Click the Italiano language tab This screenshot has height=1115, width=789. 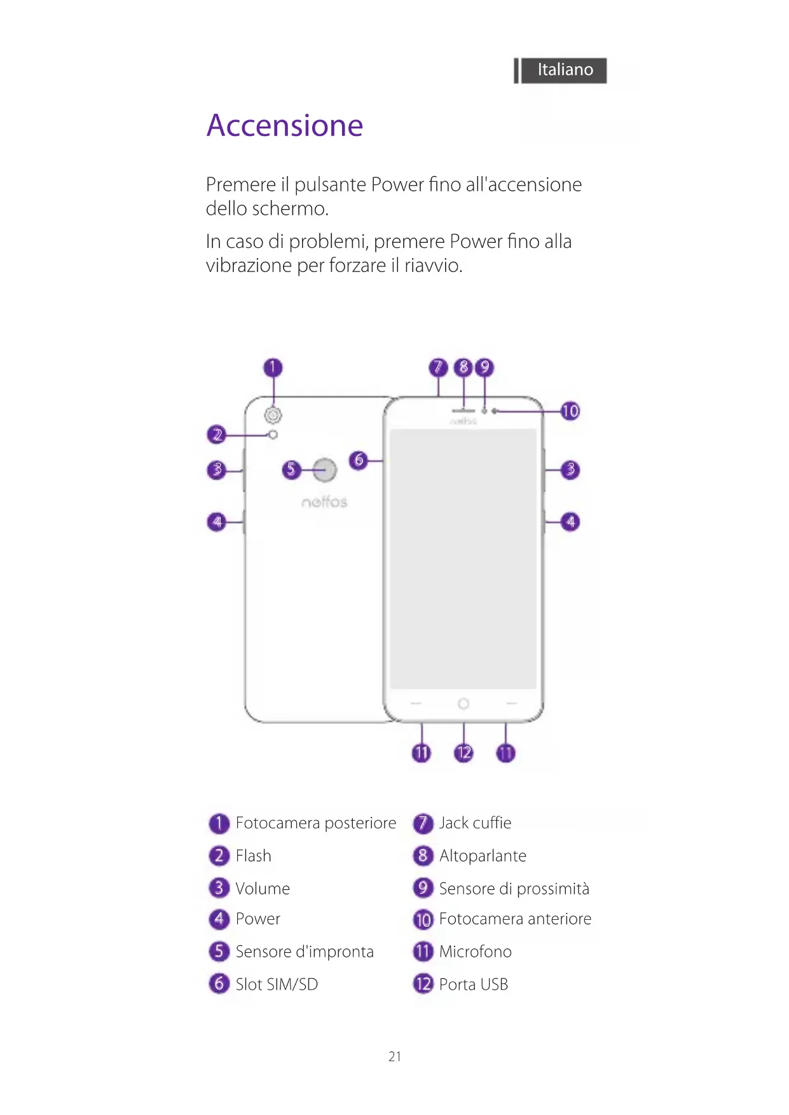565,70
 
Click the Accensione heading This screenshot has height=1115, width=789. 285,125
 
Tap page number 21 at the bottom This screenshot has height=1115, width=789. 395,1057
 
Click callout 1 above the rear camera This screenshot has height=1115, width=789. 273,367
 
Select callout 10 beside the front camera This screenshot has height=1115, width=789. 570,411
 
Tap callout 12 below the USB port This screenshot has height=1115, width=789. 463,753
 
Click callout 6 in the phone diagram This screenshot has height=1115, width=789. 359,460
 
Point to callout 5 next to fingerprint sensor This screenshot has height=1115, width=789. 291,470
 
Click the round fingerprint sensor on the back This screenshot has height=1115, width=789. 325,470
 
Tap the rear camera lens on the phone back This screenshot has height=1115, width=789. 273,415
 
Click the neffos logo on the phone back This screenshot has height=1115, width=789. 324,502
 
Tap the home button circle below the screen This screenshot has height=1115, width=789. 463,704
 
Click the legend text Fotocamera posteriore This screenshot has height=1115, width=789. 315,823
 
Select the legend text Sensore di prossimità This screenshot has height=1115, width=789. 514,889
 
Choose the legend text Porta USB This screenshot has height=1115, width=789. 474,985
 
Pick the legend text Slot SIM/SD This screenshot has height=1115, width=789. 277,985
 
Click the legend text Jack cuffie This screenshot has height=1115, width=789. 475,823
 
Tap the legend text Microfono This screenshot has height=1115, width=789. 475,952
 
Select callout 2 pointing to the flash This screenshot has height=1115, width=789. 217,435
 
